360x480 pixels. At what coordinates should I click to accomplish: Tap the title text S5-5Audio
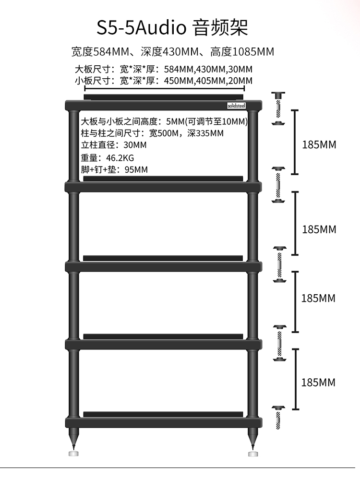tap(141, 27)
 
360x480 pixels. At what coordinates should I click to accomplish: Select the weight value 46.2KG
tap(123, 157)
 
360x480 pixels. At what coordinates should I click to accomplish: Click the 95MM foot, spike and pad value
tap(136, 169)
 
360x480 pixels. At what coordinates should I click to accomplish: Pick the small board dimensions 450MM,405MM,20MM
tap(208, 81)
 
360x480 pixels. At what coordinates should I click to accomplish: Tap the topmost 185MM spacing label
tap(319, 144)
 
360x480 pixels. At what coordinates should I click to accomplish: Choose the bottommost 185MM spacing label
tap(318, 383)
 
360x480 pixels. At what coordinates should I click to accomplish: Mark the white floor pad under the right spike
tap(253, 453)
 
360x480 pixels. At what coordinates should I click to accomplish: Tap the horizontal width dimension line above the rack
tap(165, 88)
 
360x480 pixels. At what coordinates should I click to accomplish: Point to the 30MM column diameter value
tap(135, 145)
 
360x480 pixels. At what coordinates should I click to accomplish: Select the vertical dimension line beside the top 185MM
tap(295, 142)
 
